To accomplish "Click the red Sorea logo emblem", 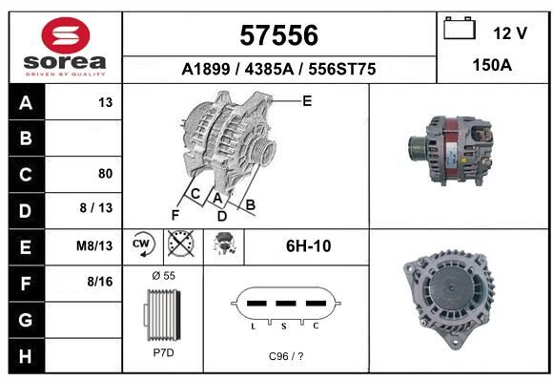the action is (x=66, y=35).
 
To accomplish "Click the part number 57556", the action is (x=279, y=35).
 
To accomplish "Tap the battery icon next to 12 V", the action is (x=460, y=28).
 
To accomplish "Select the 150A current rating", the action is (x=492, y=65).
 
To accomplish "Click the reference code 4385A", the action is (x=269, y=69).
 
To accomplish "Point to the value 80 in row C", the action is (x=106, y=174).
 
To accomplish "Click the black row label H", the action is (x=26, y=356).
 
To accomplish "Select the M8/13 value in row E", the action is (x=94, y=245).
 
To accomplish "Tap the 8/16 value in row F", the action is (x=100, y=282).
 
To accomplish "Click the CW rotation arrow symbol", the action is (x=143, y=244).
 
